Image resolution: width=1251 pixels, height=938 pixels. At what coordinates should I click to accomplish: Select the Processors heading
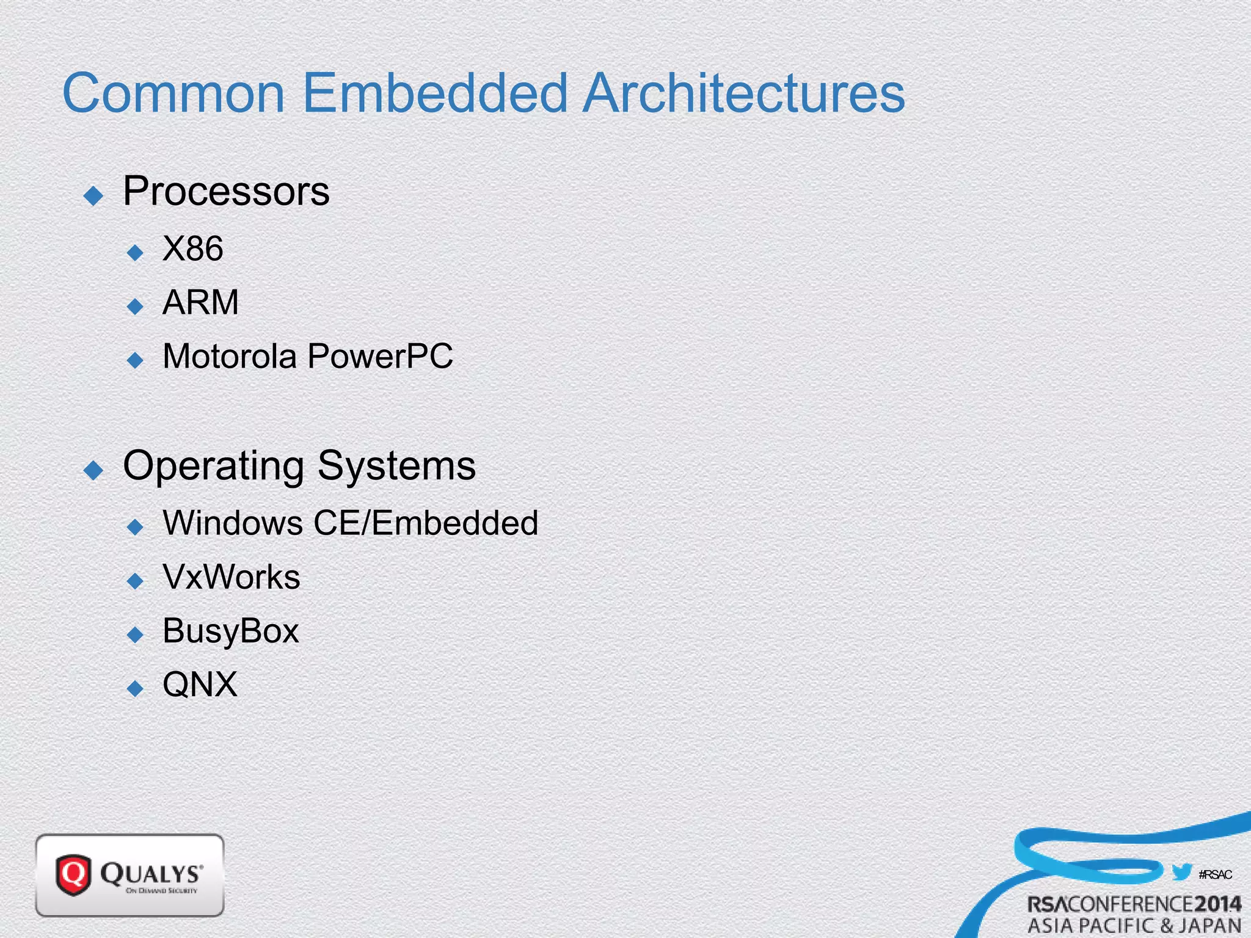pos(226,191)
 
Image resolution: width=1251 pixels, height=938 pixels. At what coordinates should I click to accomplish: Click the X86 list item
pos(193,249)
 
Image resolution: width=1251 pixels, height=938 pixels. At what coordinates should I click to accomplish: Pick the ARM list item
pos(200,302)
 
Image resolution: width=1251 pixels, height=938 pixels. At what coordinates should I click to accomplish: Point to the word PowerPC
pos(381,356)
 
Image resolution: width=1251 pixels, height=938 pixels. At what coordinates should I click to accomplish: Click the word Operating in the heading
pos(213,467)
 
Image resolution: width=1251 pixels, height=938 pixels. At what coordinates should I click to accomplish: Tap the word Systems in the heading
pos(396,465)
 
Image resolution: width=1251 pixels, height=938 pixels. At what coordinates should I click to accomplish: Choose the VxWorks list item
pos(232,577)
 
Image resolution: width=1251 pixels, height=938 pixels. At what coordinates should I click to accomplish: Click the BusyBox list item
pos(231,631)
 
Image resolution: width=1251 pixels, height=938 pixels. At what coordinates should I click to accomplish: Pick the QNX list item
pos(200,685)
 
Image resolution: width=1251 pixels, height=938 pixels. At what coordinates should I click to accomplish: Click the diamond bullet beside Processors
pos(93,196)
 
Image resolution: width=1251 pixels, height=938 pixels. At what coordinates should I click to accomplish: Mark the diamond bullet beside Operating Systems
pos(93,470)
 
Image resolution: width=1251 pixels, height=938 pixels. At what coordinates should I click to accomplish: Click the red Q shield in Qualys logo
pos(73,874)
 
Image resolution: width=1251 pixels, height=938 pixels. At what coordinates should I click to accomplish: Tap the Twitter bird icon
pos(1182,872)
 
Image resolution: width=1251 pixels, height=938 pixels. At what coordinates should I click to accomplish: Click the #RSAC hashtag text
pos(1215,874)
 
